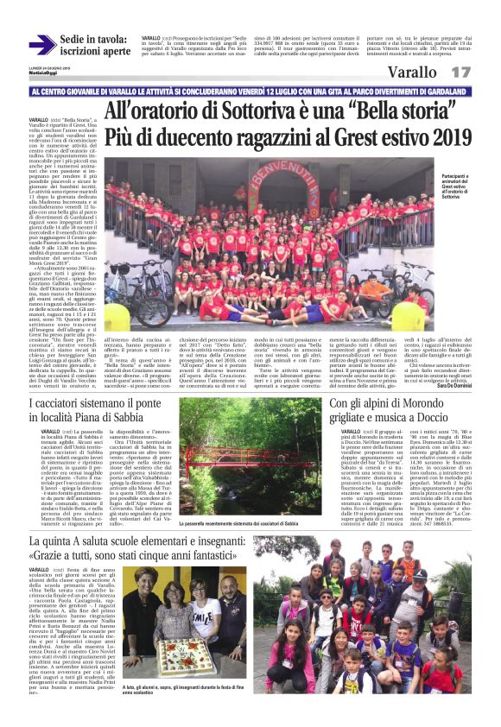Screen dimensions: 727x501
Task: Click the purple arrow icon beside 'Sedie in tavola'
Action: coord(42,45)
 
